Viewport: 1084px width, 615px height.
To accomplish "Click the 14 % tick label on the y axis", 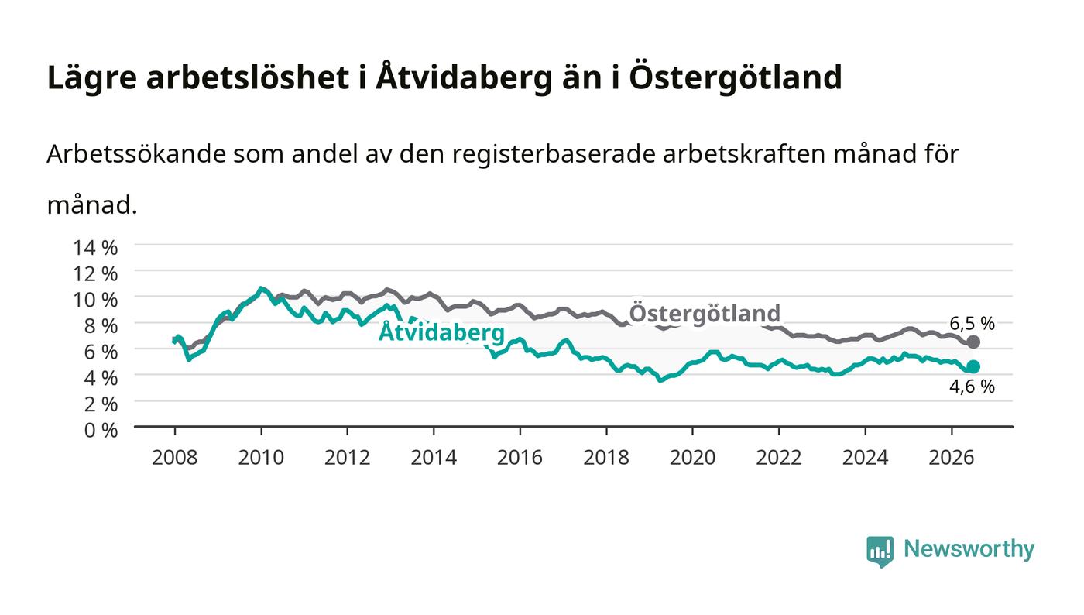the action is (95, 248).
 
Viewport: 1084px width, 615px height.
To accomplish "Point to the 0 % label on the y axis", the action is (101, 430).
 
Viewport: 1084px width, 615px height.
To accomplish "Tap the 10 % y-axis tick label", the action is (95, 301).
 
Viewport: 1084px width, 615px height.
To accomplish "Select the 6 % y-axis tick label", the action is (101, 352).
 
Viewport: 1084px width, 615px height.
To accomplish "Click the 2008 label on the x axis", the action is (175, 458).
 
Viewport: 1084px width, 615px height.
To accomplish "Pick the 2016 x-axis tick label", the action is (520, 458).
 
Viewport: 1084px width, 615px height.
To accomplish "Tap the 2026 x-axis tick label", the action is (952, 458).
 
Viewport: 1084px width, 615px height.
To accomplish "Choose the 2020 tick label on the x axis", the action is (692, 458).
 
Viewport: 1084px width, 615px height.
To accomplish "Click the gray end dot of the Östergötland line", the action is (973, 342).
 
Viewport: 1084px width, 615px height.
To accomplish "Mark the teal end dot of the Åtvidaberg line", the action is (973, 366).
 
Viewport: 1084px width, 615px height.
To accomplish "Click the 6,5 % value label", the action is (973, 324).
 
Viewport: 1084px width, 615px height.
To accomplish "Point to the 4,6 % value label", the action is (973, 387).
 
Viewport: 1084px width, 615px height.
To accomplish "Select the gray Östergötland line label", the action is (705, 313).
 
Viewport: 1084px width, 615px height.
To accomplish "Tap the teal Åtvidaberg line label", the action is (441, 332).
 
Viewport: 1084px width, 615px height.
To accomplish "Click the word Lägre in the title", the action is (92, 77).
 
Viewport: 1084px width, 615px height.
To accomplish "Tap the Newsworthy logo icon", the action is (880, 551).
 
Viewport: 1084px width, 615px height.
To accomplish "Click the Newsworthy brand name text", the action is (969, 548).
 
